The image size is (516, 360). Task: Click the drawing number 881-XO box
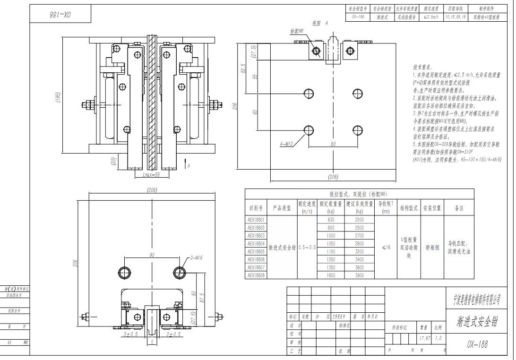pyautogui.click(x=60, y=15)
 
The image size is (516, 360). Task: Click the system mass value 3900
pyautogui.click(x=359, y=275)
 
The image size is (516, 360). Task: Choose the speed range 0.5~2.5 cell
pyautogui.click(x=307, y=247)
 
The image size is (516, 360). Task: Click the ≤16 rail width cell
pyautogui.click(x=386, y=247)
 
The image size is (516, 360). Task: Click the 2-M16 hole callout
pyautogui.click(x=197, y=258)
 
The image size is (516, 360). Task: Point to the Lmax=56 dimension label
pyautogui.click(x=152, y=174)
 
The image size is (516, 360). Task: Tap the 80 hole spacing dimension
pyautogui.click(x=333, y=144)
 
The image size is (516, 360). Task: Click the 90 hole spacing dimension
pyautogui.click(x=152, y=255)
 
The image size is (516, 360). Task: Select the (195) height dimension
pyautogui.click(x=58, y=97)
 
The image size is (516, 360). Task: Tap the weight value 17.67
pyautogui.click(x=424, y=338)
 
